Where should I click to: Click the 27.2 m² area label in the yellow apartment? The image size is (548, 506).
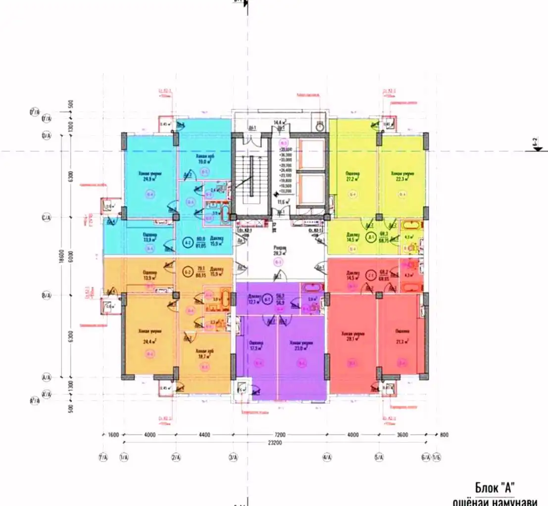pos(352,180)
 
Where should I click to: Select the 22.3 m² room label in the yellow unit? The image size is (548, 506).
pos(401,180)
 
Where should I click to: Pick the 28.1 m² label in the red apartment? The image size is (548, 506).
pos(352,340)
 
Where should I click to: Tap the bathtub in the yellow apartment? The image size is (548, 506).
pos(411,227)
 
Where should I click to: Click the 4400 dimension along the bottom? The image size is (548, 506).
pos(204,435)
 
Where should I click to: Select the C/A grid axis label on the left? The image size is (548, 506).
pos(47,217)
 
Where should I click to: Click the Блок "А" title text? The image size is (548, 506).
pos(498,486)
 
